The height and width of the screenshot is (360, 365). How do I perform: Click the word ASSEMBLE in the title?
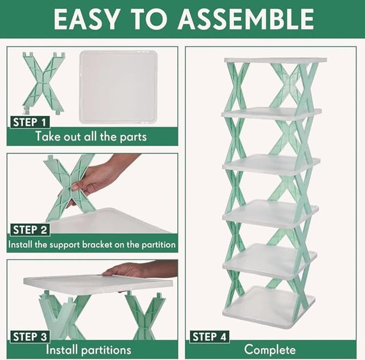[246, 19]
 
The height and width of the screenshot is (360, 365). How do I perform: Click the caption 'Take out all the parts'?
[91, 136]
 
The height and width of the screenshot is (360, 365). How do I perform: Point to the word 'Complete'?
[270, 350]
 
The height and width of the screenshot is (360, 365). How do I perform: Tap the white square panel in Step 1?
[118, 86]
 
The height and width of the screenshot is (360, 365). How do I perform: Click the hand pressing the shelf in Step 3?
[129, 269]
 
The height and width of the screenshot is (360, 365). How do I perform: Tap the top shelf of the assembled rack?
[275, 60]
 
